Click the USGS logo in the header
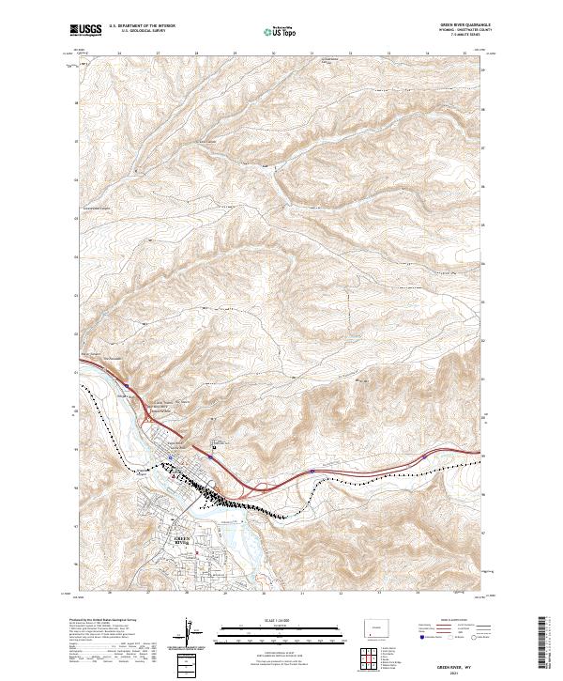(x=85, y=31)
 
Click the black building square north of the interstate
(x=214, y=448)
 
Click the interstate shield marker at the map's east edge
(x=424, y=455)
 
